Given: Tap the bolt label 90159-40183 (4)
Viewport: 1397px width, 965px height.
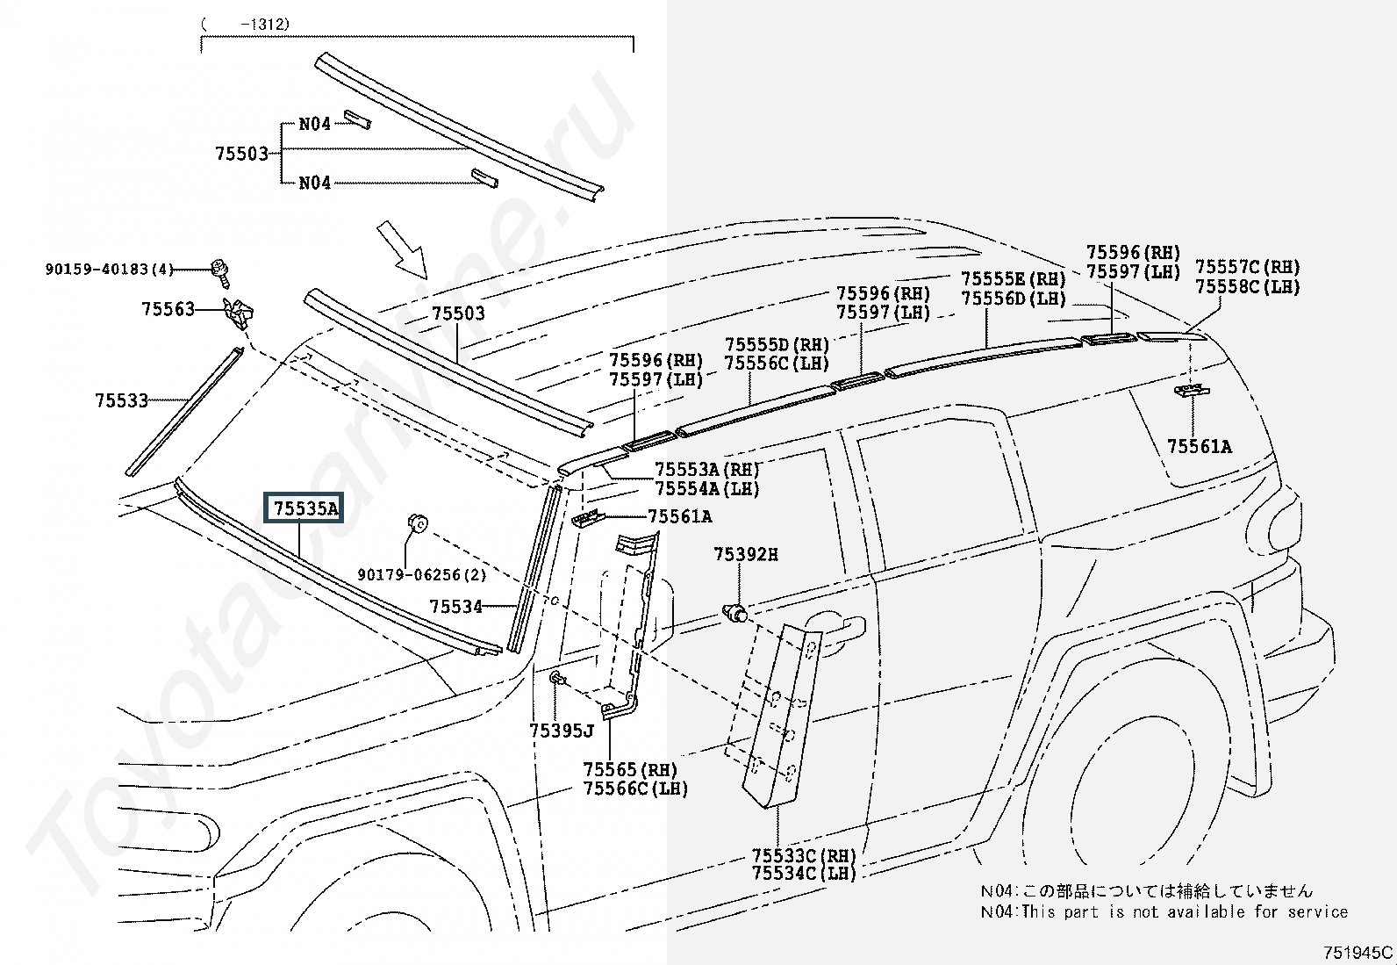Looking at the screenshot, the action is [109, 269].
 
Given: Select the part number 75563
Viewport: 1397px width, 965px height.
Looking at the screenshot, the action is [168, 309].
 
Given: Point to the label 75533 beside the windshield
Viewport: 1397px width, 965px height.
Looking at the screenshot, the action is [122, 400].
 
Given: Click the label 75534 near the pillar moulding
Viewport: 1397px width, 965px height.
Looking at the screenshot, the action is [456, 606].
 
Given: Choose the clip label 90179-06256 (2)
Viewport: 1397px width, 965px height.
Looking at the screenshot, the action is [421, 574].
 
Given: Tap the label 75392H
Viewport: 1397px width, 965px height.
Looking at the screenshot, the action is [746, 554].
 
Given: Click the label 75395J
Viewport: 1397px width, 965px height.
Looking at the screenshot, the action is [562, 730].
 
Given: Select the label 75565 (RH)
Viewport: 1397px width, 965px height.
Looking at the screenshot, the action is [630, 769].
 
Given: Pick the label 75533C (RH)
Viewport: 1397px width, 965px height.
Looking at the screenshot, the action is [804, 854].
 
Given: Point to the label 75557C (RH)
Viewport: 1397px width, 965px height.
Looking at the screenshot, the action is [1247, 267].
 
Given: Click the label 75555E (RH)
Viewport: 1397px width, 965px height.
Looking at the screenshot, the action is [1014, 278].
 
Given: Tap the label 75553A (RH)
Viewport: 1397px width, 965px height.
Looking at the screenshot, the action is [707, 469].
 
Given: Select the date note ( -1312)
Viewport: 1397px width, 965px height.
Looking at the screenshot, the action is [245, 25].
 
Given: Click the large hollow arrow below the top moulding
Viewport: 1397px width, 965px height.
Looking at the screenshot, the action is [402, 249].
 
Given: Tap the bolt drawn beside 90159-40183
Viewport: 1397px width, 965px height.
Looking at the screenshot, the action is [220, 272].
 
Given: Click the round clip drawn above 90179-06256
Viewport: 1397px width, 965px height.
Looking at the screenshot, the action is [417, 522].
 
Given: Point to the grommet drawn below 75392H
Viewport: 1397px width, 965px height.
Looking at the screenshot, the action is [734, 612].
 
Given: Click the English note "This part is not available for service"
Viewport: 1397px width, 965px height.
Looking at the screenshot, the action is [1185, 911].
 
